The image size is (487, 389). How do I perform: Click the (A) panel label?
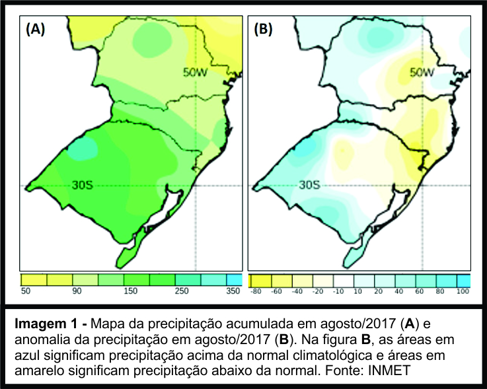tap(34, 30)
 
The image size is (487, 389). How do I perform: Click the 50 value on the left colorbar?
tap(26, 291)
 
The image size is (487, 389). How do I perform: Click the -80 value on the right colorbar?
tap(256, 291)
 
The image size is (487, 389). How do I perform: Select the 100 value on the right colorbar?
tap(463, 291)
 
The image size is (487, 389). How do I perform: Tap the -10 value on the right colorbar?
tap(340, 291)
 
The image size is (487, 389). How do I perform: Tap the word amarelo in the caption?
tap(40, 371)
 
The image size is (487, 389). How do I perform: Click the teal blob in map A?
tap(81, 149)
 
